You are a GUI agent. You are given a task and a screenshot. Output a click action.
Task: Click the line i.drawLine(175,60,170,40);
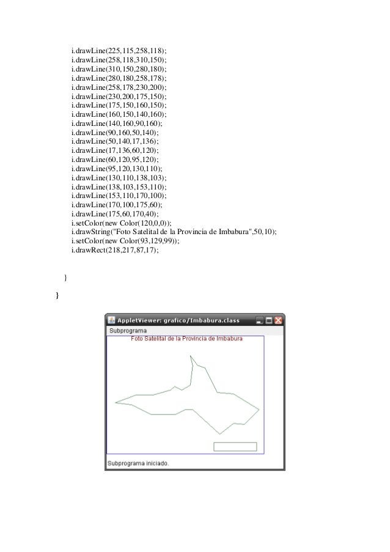tap(114, 214)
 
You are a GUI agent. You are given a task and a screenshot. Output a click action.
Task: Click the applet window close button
tap(278, 320)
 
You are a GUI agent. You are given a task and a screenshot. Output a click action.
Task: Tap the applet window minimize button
tap(260, 320)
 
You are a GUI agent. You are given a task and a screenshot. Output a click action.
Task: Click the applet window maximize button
tap(269, 320)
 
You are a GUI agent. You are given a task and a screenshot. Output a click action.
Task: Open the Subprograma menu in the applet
tap(128, 331)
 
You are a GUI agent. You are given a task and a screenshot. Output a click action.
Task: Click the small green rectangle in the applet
tap(235, 446)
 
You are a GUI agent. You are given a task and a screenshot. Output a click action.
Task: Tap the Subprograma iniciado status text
tap(138, 463)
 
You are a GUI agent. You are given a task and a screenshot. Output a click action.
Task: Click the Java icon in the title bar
tap(111, 320)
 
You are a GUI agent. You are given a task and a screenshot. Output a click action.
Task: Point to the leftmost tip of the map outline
tap(116, 403)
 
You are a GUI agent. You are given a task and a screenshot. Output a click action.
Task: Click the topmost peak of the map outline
tap(191, 355)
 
